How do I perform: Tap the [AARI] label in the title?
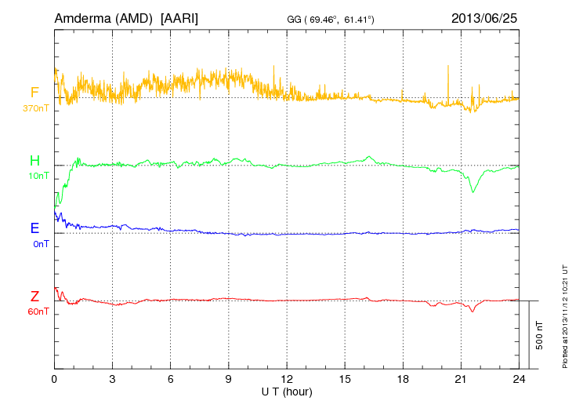pos(179,17)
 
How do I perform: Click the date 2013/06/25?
pos(484,17)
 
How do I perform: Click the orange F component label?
pos(34,93)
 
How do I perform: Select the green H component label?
pos(34,161)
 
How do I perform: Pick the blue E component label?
pos(34,228)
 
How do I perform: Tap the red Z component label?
pos(34,297)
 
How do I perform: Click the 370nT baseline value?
pos(36,107)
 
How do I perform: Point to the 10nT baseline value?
pos(38,176)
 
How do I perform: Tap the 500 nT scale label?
pos(540,335)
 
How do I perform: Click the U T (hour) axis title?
pos(287,391)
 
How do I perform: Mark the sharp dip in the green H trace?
pos(472,191)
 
